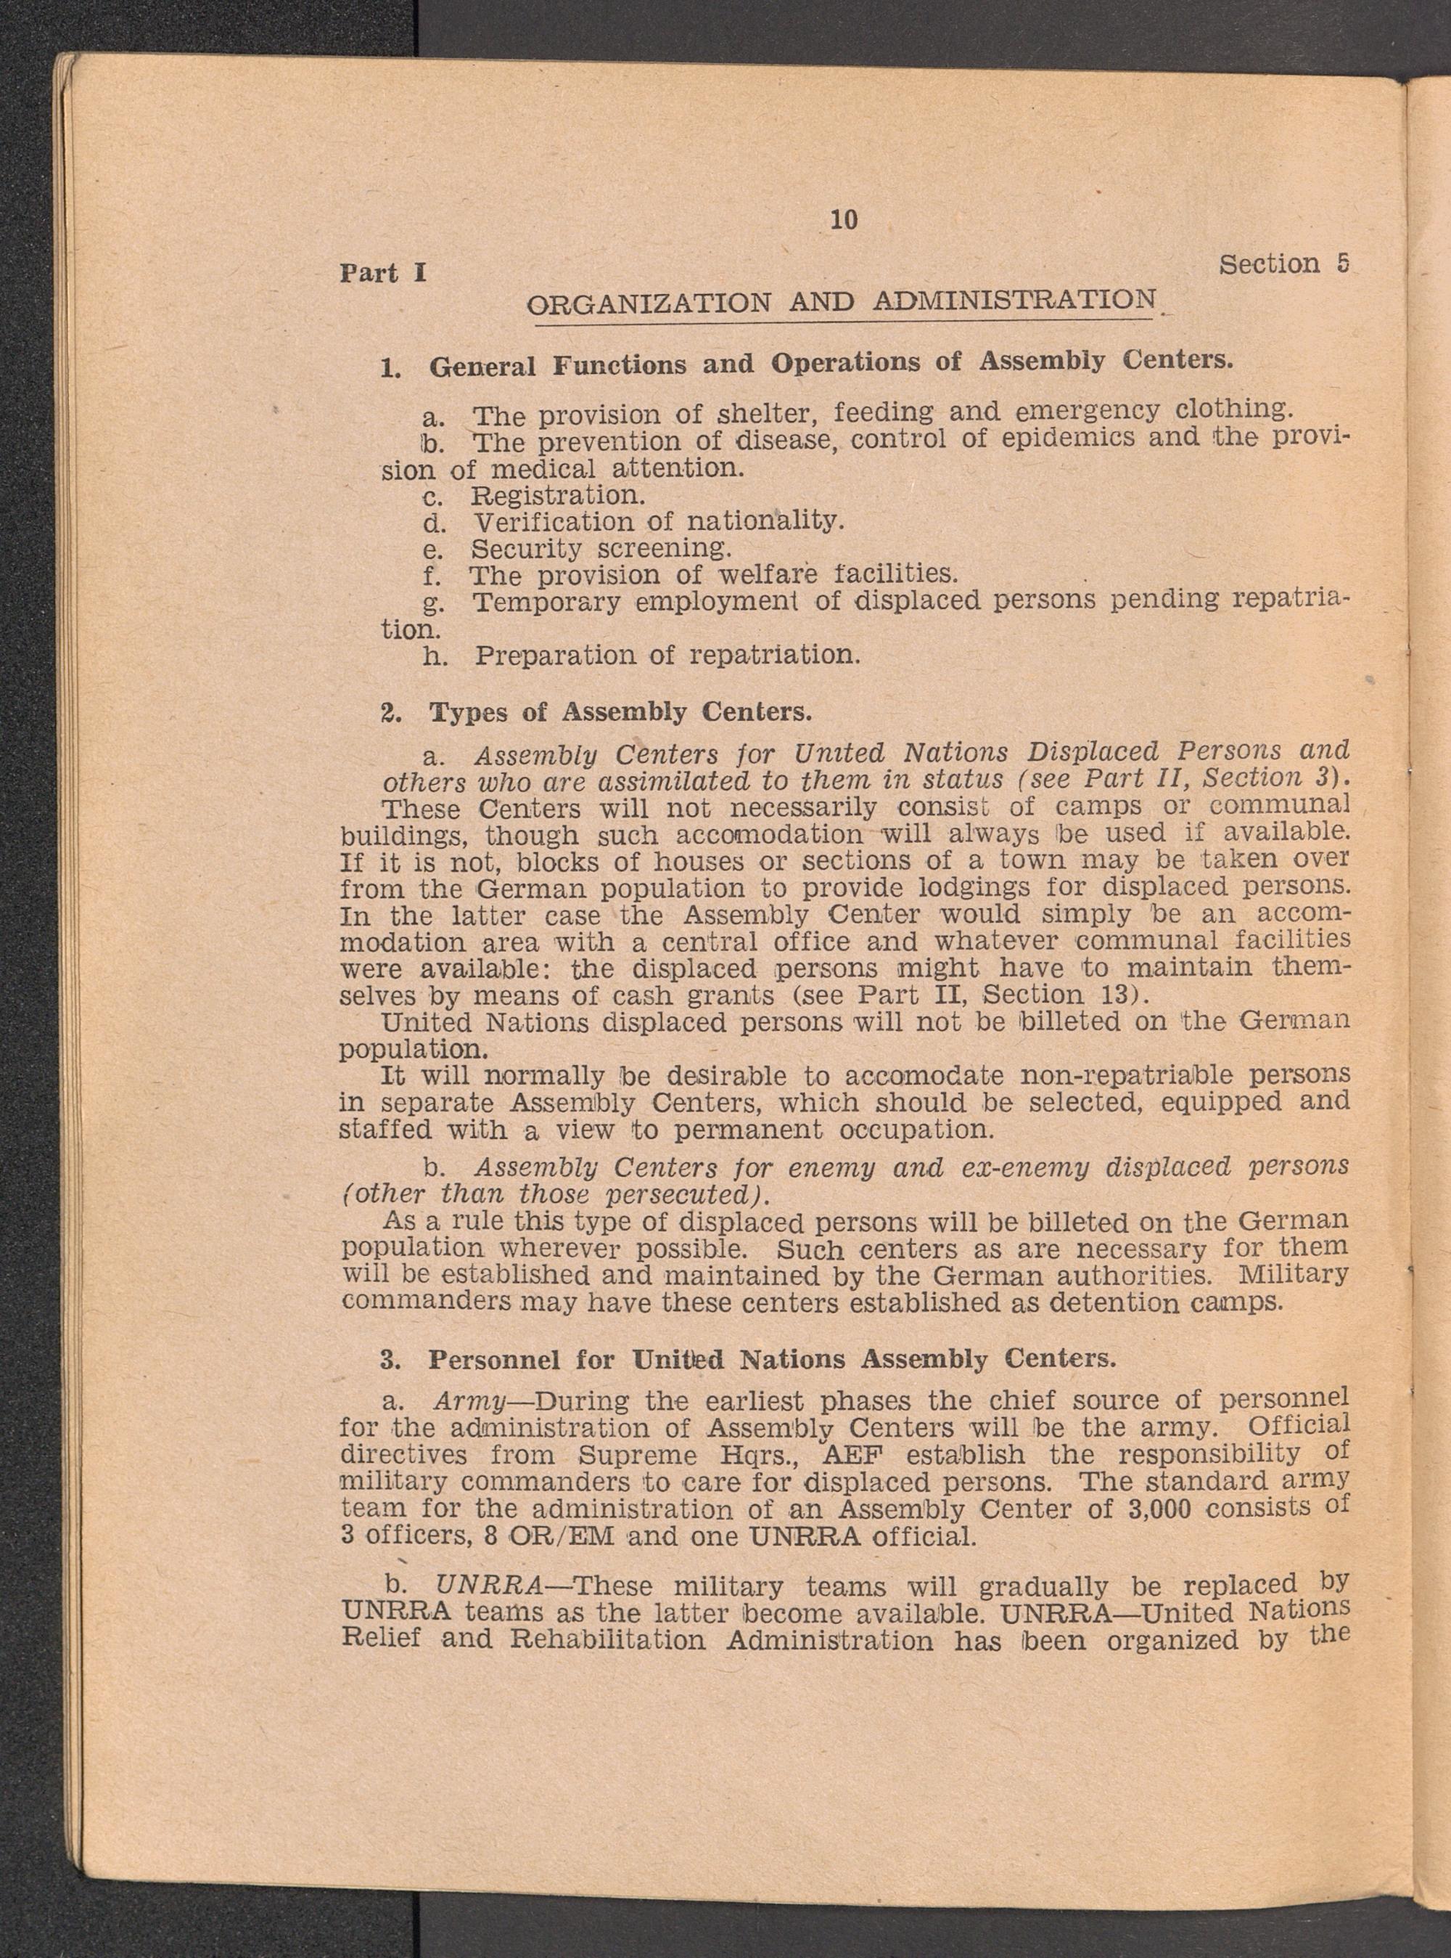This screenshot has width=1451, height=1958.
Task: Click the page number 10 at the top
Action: click(x=843, y=221)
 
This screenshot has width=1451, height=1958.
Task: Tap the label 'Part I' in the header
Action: click(x=383, y=273)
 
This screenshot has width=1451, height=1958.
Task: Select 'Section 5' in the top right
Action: click(x=1284, y=264)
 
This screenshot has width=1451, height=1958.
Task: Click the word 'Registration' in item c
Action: click(x=559, y=495)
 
